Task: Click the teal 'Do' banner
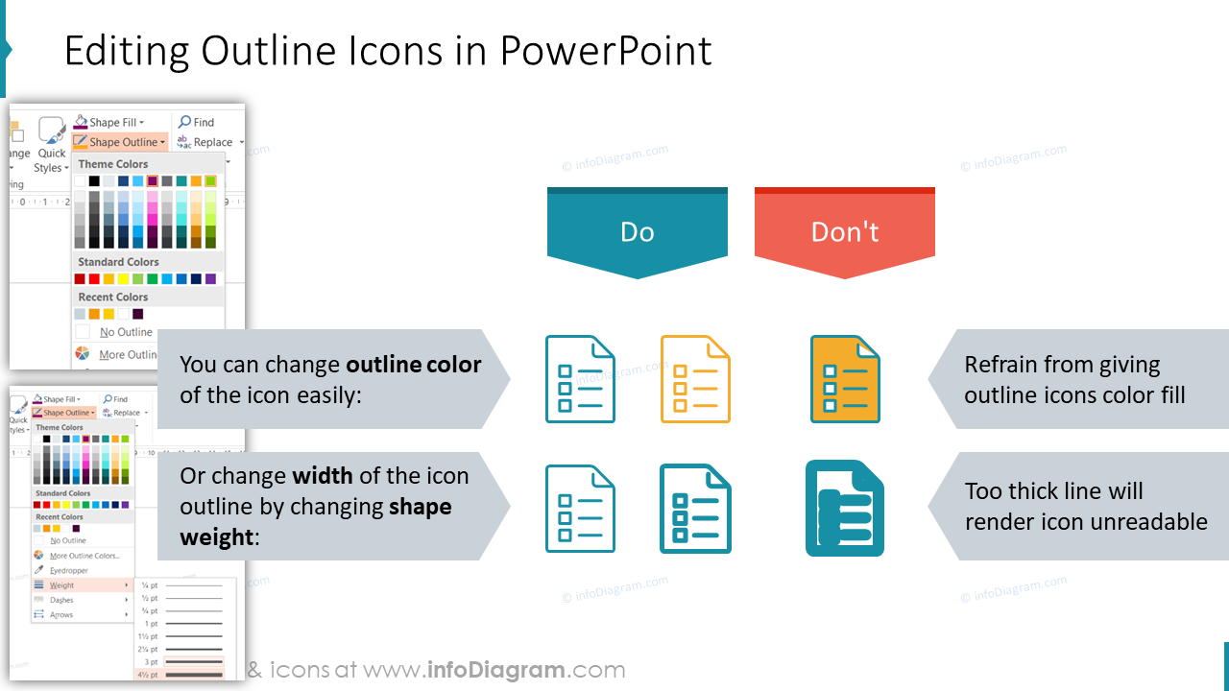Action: (637, 232)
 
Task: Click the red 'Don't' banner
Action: (844, 232)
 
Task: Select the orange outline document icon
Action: (695, 379)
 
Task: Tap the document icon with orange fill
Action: (845, 379)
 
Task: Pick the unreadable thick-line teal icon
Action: (845, 509)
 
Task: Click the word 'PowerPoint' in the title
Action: (606, 51)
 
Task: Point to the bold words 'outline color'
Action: (414, 365)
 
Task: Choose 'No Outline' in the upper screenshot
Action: (126, 332)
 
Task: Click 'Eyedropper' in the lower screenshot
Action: (69, 570)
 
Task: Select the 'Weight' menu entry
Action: (62, 585)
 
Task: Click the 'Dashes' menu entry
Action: (61, 600)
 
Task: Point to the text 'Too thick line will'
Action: (1053, 491)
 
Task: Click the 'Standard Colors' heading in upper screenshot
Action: (118, 262)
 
